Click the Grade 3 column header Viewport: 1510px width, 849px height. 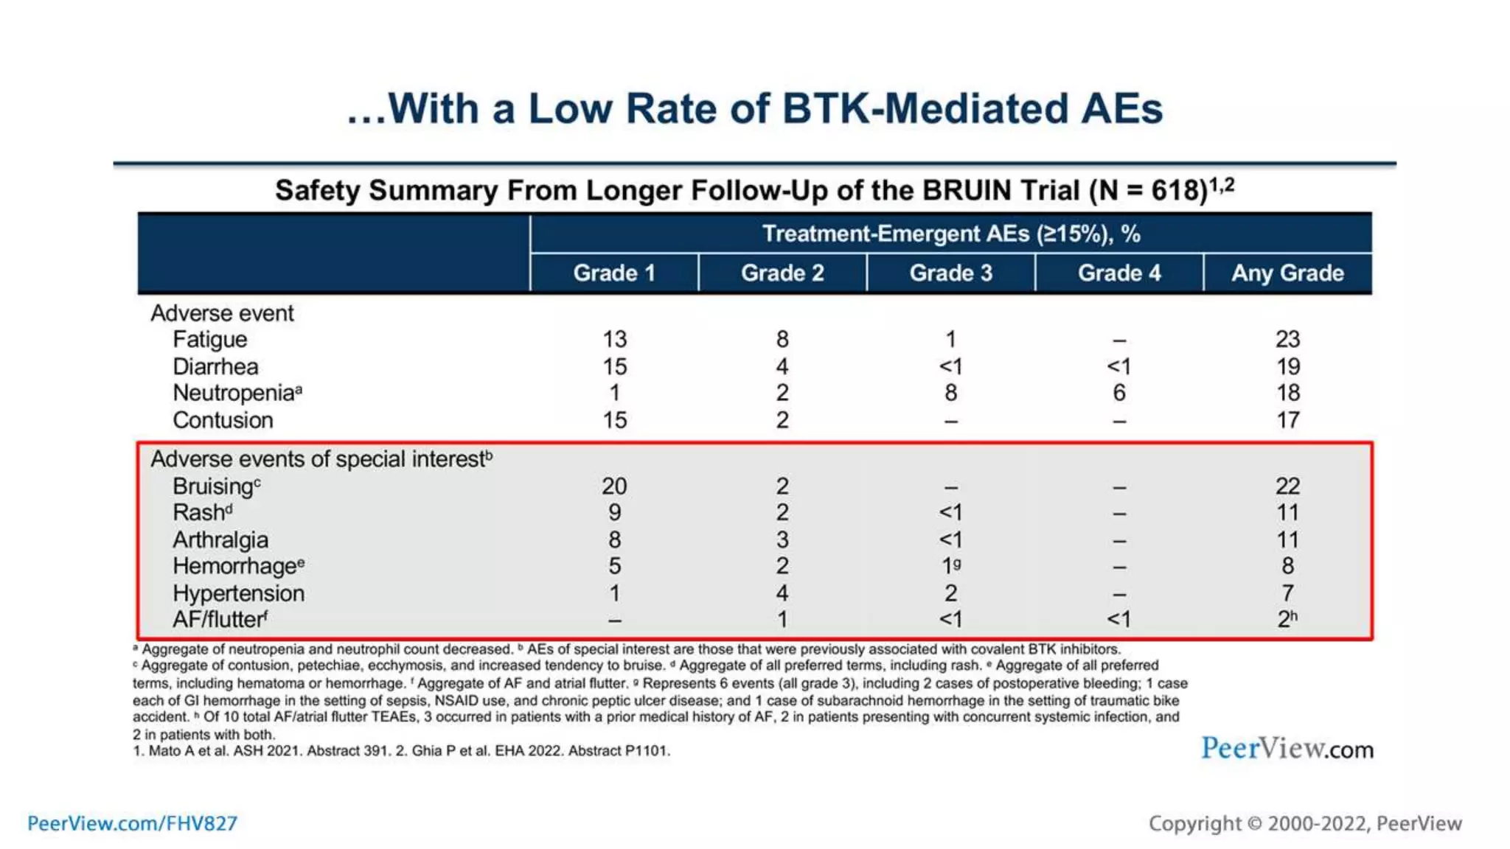click(950, 273)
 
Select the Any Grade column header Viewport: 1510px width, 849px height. click(1287, 273)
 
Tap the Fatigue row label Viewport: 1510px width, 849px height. click(210, 339)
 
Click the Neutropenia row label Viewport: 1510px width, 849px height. click(234, 393)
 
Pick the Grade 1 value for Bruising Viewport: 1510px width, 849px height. click(614, 486)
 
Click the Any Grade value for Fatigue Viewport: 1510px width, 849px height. click(1287, 339)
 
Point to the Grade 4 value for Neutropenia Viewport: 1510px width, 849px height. click(1118, 393)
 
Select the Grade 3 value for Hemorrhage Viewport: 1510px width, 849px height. click(950, 566)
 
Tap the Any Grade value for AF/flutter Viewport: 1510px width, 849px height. click(1287, 619)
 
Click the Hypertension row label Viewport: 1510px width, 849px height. click(238, 593)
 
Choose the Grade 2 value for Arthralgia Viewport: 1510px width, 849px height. click(782, 539)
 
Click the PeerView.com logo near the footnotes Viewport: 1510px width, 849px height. click(1287, 749)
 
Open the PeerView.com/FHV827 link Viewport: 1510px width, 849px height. click(133, 823)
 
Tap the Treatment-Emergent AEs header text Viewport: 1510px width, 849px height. click(950, 234)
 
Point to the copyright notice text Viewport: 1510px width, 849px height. click(1304, 823)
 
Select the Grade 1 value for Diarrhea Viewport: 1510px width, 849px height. click(614, 366)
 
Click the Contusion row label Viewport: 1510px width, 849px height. click(223, 420)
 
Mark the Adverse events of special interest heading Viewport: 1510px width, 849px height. click(321, 459)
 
